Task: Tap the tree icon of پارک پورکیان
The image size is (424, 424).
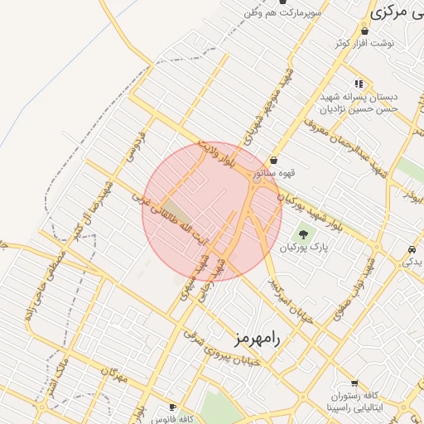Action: click(301, 233)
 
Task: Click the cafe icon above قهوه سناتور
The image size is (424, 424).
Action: click(274, 160)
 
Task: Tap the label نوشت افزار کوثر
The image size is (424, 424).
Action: click(364, 43)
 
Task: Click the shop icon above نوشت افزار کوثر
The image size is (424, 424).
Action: click(364, 31)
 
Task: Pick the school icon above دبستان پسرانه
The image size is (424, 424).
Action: click(359, 84)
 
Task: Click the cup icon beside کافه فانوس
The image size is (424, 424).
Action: click(172, 407)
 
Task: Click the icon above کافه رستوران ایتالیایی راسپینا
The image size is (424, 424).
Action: click(354, 383)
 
